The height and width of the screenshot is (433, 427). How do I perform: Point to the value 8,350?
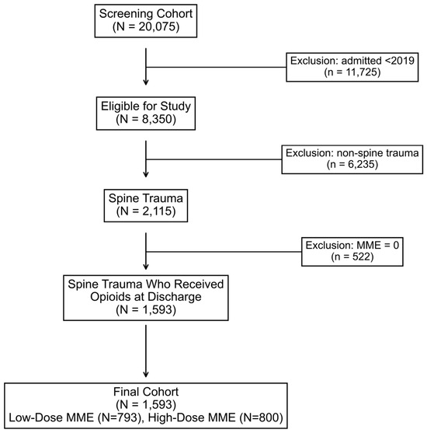point(158,119)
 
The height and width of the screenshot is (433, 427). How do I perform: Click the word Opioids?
point(109,297)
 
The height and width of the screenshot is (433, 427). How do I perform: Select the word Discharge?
point(173,297)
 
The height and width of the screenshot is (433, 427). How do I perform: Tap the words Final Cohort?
point(146,392)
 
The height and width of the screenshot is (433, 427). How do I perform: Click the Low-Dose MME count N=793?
point(118,417)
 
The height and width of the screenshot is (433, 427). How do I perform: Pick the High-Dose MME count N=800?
point(261,417)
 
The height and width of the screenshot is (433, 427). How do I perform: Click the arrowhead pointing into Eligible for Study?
point(146,82)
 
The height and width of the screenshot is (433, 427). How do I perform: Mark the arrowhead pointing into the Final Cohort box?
point(146,374)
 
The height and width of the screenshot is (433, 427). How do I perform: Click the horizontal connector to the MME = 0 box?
point(224,252)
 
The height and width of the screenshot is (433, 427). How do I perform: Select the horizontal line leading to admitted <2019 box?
point(216,67)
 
